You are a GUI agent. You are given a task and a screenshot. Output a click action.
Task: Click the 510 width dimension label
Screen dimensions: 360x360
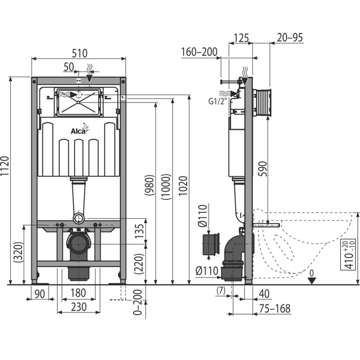pyautogui.click(x=79, y=53)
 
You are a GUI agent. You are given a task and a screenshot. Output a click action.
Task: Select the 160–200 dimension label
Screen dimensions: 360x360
pyautogui.click(x=199, y=52)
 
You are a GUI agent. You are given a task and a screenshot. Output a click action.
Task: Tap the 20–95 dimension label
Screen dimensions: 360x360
pyautogui.click(x=289, y=38)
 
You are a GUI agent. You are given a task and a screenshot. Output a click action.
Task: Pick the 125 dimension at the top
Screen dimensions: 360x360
pyautogui.click(x=242, y=38)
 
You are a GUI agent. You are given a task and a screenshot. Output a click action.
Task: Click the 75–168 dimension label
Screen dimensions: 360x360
pyautogui.click(x=274, y=309)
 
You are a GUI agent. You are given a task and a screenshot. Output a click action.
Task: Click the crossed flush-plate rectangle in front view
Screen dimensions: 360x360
pyautogui.click(x=79, y=101)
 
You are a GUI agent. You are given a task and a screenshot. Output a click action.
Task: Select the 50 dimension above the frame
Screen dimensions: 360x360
pyautogui.click(x=68, y=67)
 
